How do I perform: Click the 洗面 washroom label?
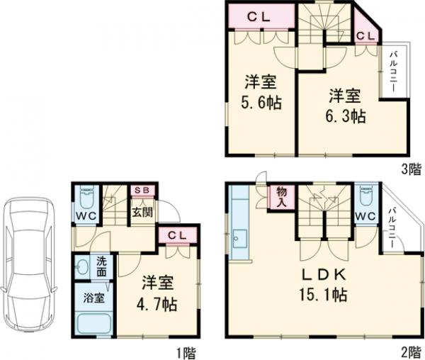click(x=101, y=266)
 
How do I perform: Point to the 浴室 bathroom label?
click(x=93, y=298)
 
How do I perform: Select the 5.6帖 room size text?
click(x=260, y=103)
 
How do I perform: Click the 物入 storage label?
click(x=281, y=196)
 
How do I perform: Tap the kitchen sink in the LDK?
click(x=238, y=242)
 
